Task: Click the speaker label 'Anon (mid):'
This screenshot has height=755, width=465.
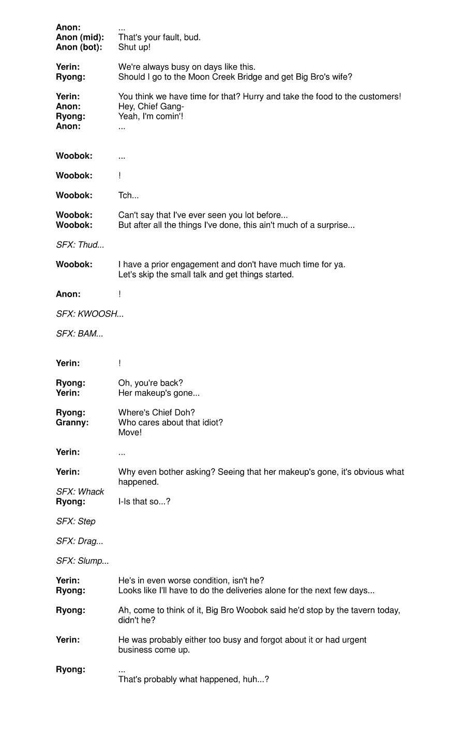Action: [80, 37]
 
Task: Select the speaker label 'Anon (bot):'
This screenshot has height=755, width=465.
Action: [79, 47]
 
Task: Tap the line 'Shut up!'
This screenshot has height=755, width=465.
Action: [134, 47]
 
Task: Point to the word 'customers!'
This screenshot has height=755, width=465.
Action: [380, 97]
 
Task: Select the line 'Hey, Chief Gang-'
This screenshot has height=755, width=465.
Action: [151, 106]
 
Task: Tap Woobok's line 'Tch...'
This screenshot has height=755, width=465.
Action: [128, 195]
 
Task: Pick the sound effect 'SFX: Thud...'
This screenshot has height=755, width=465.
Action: [80, 245]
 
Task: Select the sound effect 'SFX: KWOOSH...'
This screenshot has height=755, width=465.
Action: [90, 314]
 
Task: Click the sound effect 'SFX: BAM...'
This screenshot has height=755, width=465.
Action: [80, 334]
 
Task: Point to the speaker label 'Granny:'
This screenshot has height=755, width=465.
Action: [72, 422]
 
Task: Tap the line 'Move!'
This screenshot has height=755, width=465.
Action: [130, 433]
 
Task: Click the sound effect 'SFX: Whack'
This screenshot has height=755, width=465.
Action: [80, 491]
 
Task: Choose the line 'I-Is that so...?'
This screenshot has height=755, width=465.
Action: [144, 501]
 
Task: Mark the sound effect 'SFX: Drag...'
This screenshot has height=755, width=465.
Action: [80, 541]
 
